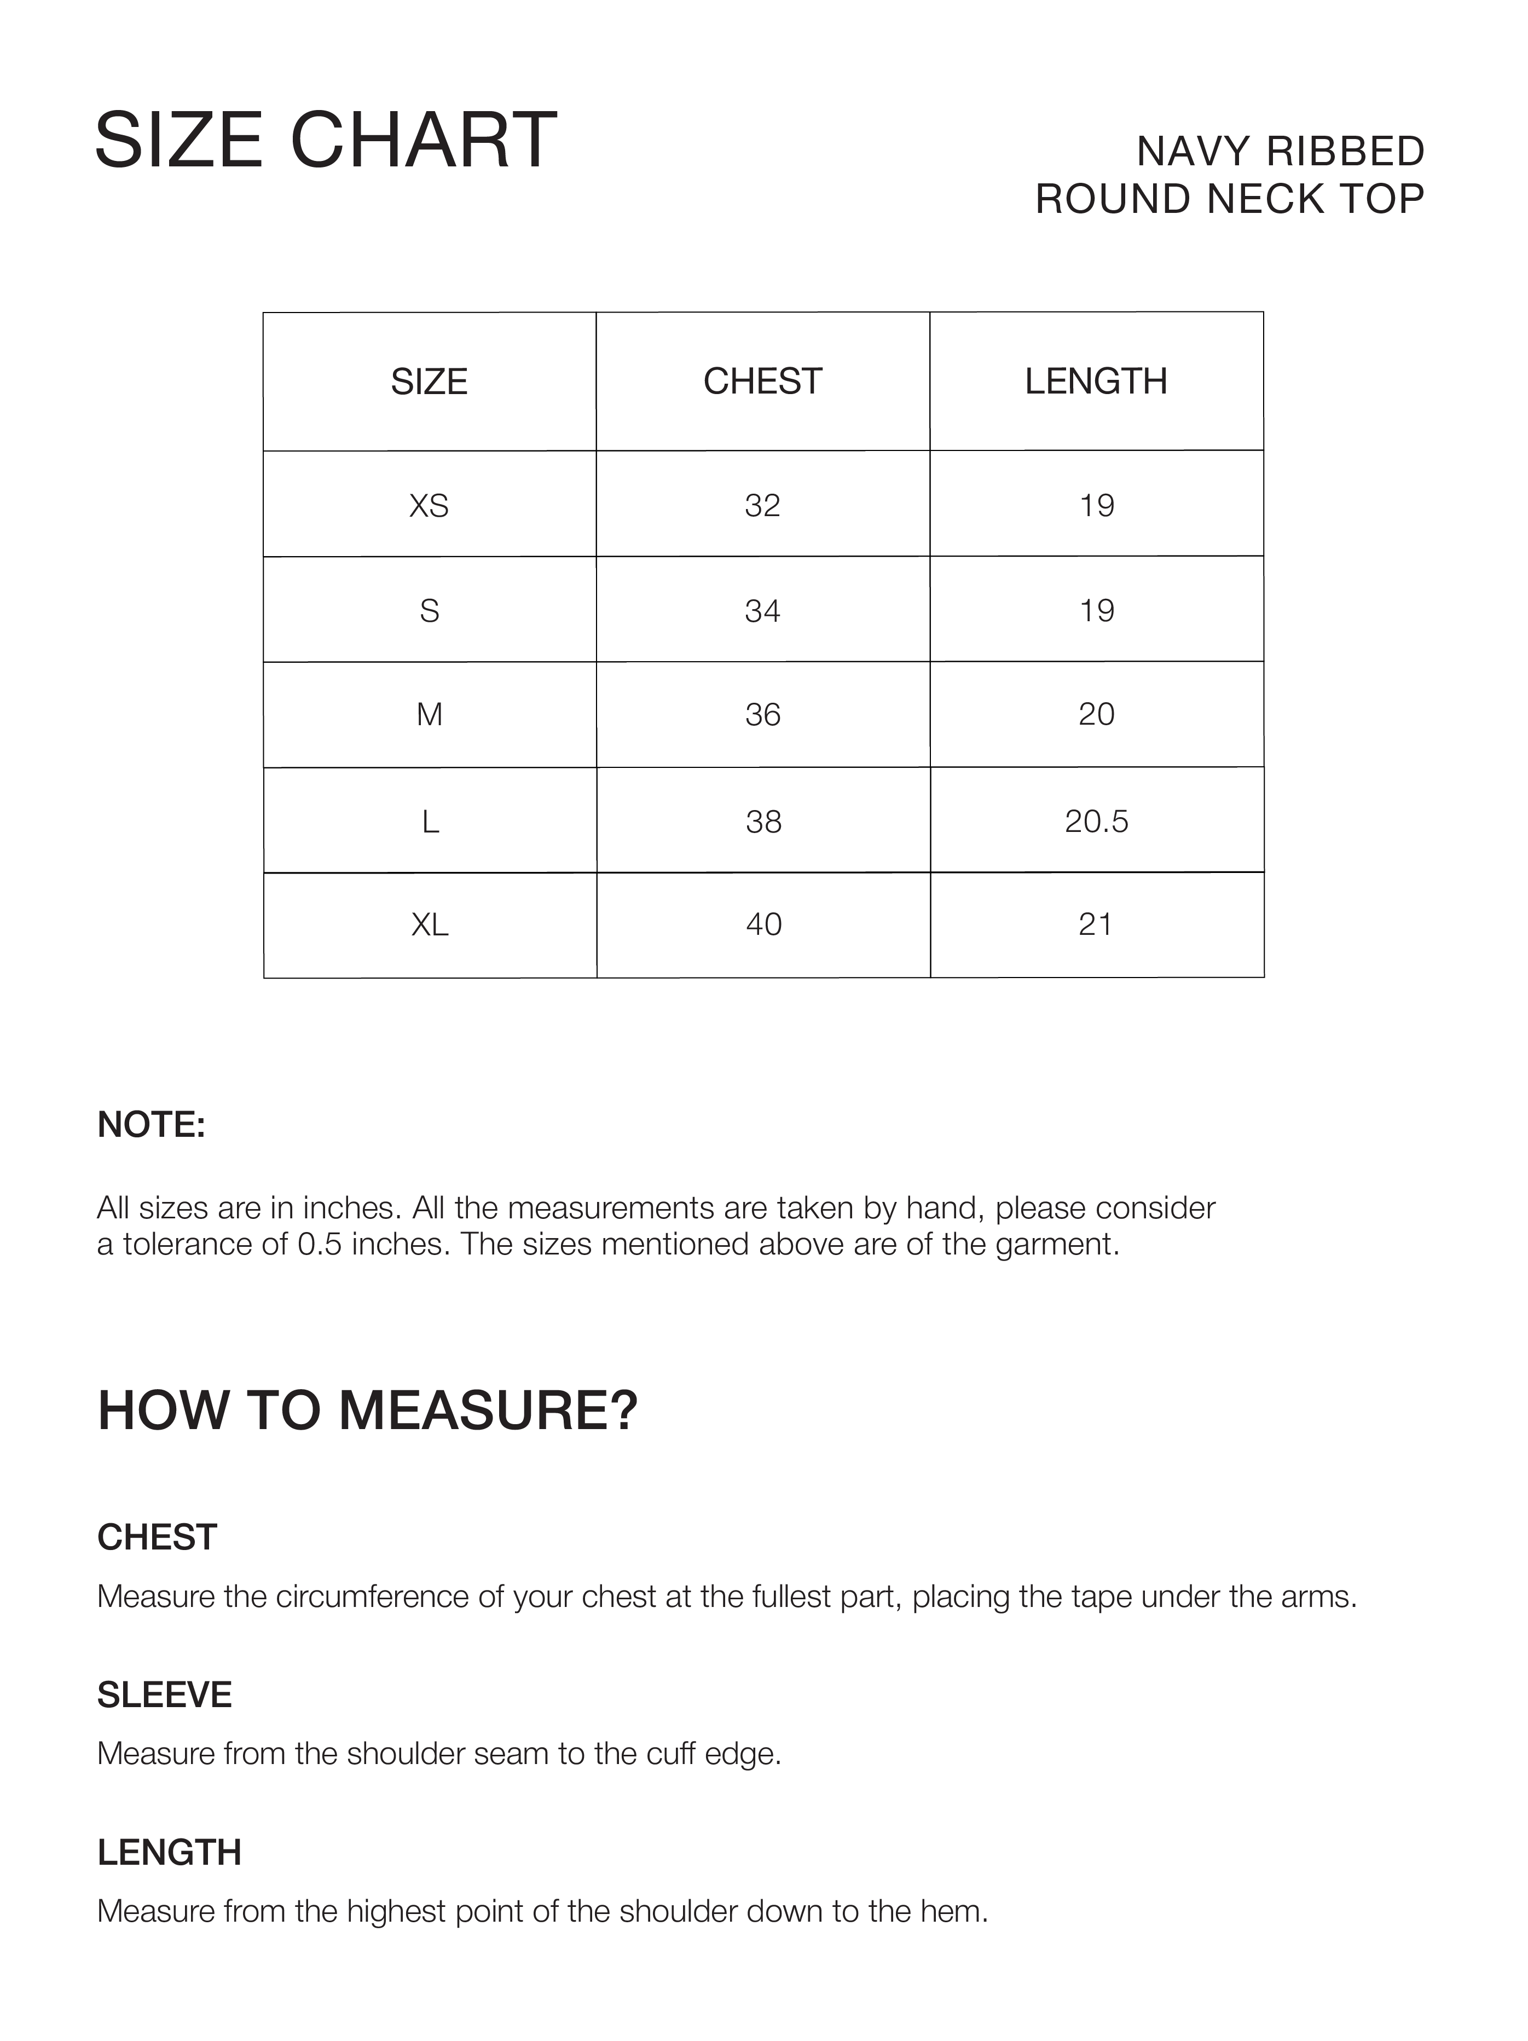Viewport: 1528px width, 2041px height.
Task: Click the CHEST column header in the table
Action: click(762, 381)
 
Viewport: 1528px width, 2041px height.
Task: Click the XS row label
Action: click(429, 506)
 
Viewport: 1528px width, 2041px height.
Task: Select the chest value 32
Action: click(762, 506)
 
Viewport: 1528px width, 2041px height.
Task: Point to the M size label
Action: click(429, 715)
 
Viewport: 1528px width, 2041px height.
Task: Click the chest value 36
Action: click(762, 715)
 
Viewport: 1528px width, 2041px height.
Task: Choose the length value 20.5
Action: click(1096, 821)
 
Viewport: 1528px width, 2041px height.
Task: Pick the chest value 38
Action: click(763, 821)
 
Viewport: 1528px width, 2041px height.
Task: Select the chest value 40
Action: click(763, 924)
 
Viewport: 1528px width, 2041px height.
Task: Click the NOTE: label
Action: click(152, 1125)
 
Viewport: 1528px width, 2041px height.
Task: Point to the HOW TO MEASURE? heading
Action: click(367, 1411)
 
